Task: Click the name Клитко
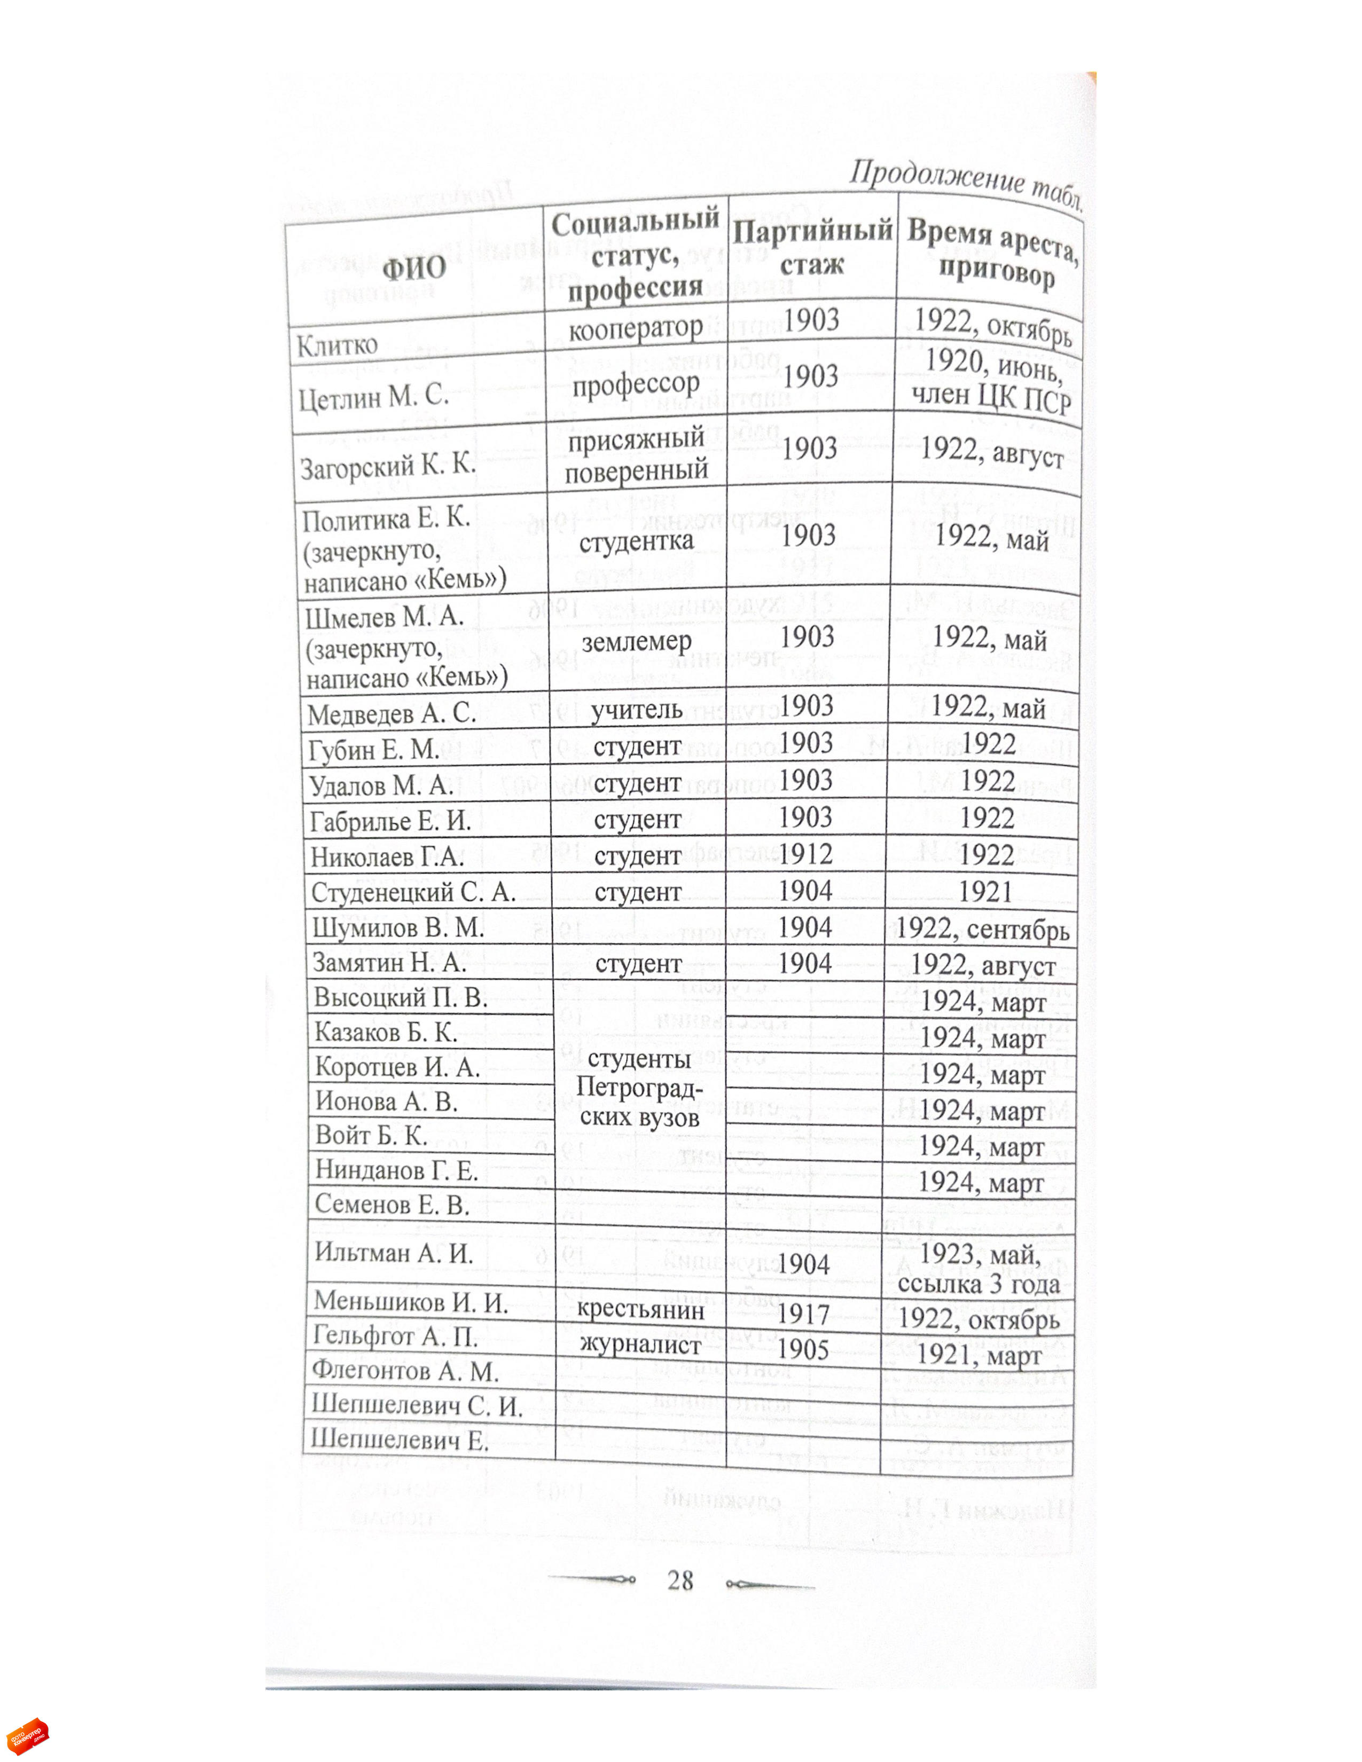click(337, 346)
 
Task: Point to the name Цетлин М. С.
click(373, 398)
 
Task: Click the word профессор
click(636, 384)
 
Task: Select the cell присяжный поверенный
click(636, 455)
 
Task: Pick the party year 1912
click(805, 854)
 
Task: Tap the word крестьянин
click(640, 1309)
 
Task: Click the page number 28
click(680, 1580)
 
